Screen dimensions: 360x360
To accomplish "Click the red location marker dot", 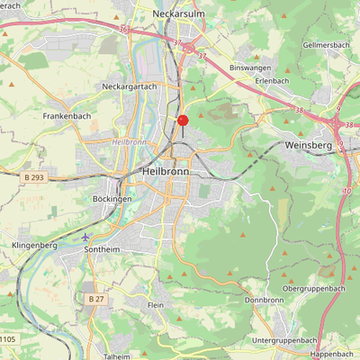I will (183, 120).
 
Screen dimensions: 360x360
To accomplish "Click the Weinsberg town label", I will (308, 144).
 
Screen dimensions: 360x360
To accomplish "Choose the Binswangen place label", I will (250, 68).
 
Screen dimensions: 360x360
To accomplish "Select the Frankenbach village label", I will (67, 116).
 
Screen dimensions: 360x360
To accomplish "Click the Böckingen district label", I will (112, 198).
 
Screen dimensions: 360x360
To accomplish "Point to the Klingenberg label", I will (35, 245).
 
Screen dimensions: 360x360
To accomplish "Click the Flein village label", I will (156, 306).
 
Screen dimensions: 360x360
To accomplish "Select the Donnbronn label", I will (264, 300).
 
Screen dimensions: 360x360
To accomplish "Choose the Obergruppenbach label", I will (314, 288).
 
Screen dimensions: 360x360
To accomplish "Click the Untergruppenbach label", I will (285, 340).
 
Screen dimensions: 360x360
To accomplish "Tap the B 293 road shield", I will (34, 178).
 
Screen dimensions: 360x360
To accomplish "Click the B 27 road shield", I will (96, 298).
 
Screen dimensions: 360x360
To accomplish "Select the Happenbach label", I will (331, 355).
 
